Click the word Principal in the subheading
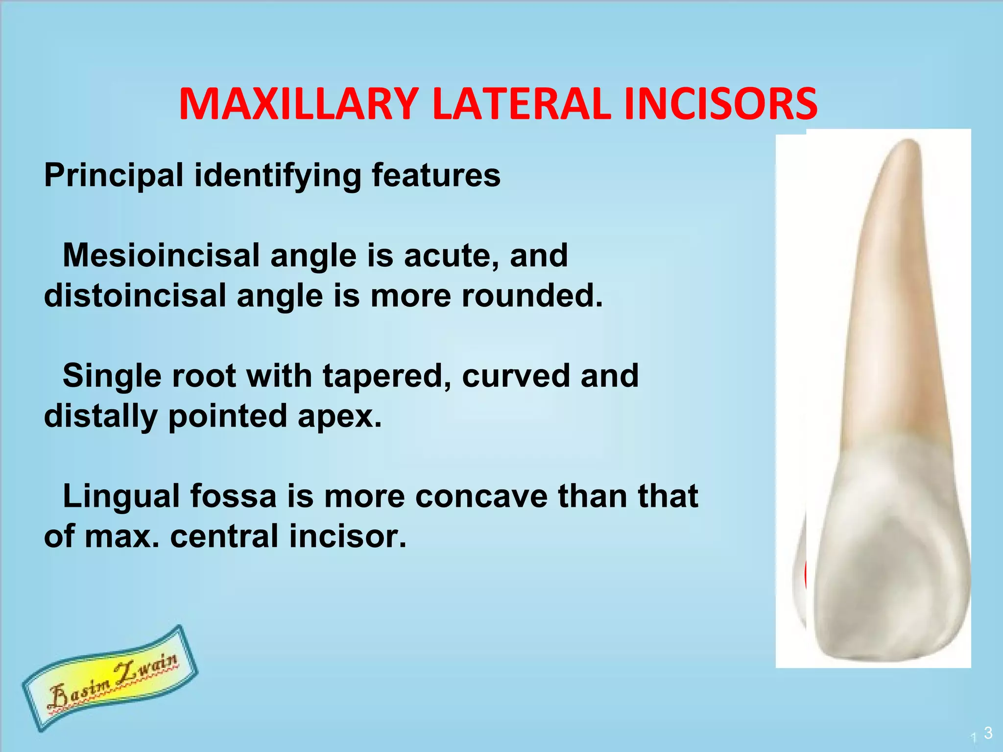tap(114, 175)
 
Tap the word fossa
tap(233, 496)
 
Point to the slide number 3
tap(988, 733)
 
